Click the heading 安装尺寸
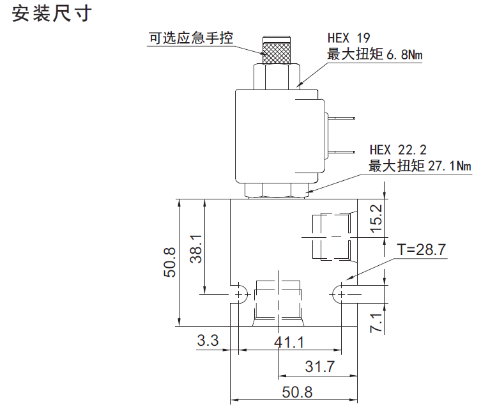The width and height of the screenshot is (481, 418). coord(52,15)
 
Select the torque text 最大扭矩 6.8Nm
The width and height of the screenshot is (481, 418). coord(374,55)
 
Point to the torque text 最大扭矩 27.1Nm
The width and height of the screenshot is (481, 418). coord(420,167)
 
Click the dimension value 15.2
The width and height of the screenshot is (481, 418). coord(376,218)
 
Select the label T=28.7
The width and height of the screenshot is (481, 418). coord(421,249)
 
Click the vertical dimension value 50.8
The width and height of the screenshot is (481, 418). coord(170,261)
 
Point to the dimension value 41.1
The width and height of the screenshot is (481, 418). coord(289,342)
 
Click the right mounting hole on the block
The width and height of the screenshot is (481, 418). coord(341,293)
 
